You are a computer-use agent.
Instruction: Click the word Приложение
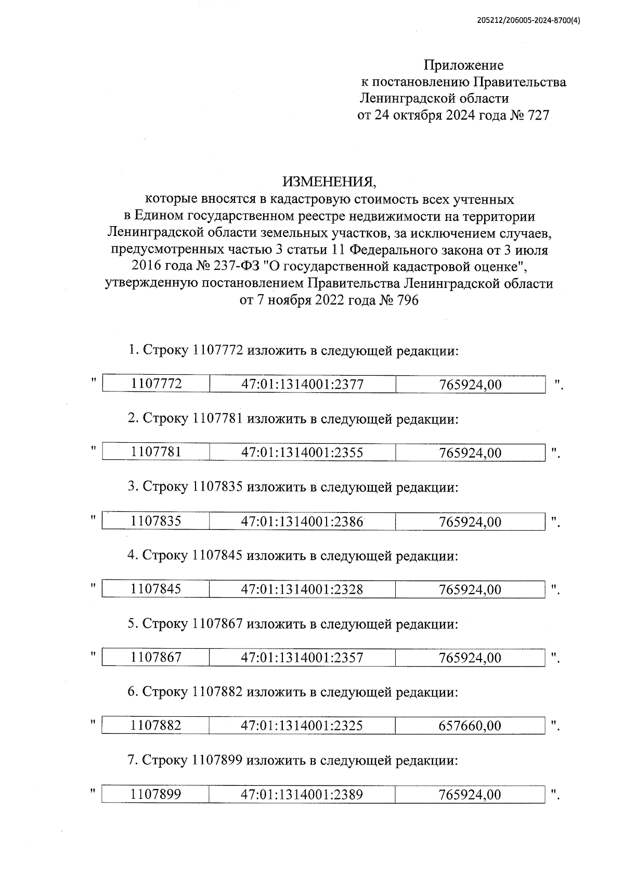(x=463, y=65)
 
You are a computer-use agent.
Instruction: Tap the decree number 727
(x=538, y=115)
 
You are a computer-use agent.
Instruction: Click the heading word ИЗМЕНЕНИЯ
(x=328, y=182)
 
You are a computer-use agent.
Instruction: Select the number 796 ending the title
(x=407, y=301)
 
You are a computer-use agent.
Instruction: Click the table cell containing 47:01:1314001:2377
(x=302, y=385)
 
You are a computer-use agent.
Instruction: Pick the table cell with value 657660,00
(x=470, y=726)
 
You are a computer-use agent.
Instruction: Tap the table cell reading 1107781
(x=156, y=452)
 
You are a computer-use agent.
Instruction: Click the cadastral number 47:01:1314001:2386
(x=302, y=521)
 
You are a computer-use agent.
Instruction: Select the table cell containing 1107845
(x=156, y=589)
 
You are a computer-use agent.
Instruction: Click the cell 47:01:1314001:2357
(x=302, y=658)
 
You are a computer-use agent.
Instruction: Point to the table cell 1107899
(x=156, y=795)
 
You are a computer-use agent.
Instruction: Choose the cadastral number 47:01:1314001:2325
(x=302, y=726)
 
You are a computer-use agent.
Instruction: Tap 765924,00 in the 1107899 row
(x=470, y=795)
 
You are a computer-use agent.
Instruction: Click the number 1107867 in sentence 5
(x=217, y=624)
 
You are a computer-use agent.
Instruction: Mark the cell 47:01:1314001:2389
(x=302, y=795)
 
